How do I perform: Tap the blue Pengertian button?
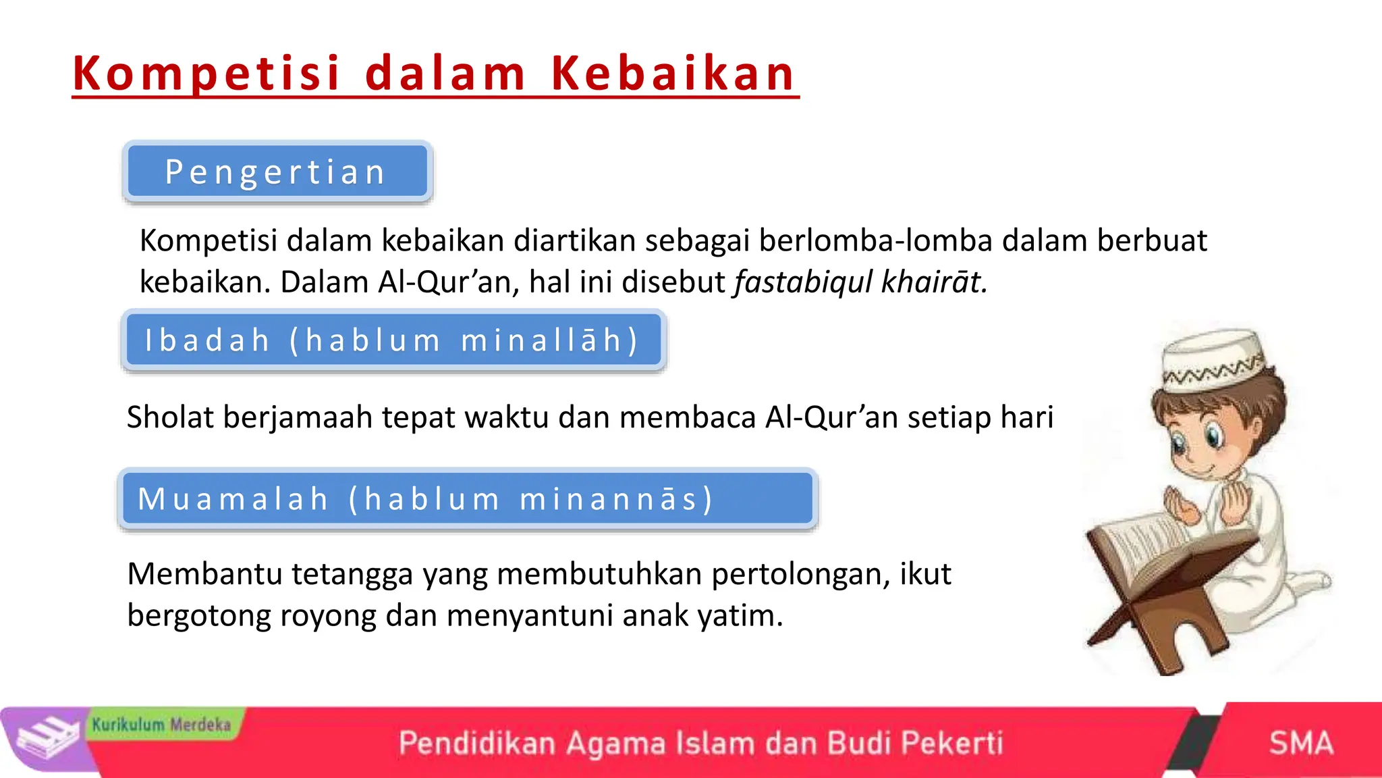(x=277, y=172)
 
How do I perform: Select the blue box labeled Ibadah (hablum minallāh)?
(x=393, y=340)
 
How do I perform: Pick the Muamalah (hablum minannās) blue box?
(x=467, y=499)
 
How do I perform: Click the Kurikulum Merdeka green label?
(x=162, y=725)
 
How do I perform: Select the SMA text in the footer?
(x=1300, y=743)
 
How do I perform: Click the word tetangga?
(x=352, y=574)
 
